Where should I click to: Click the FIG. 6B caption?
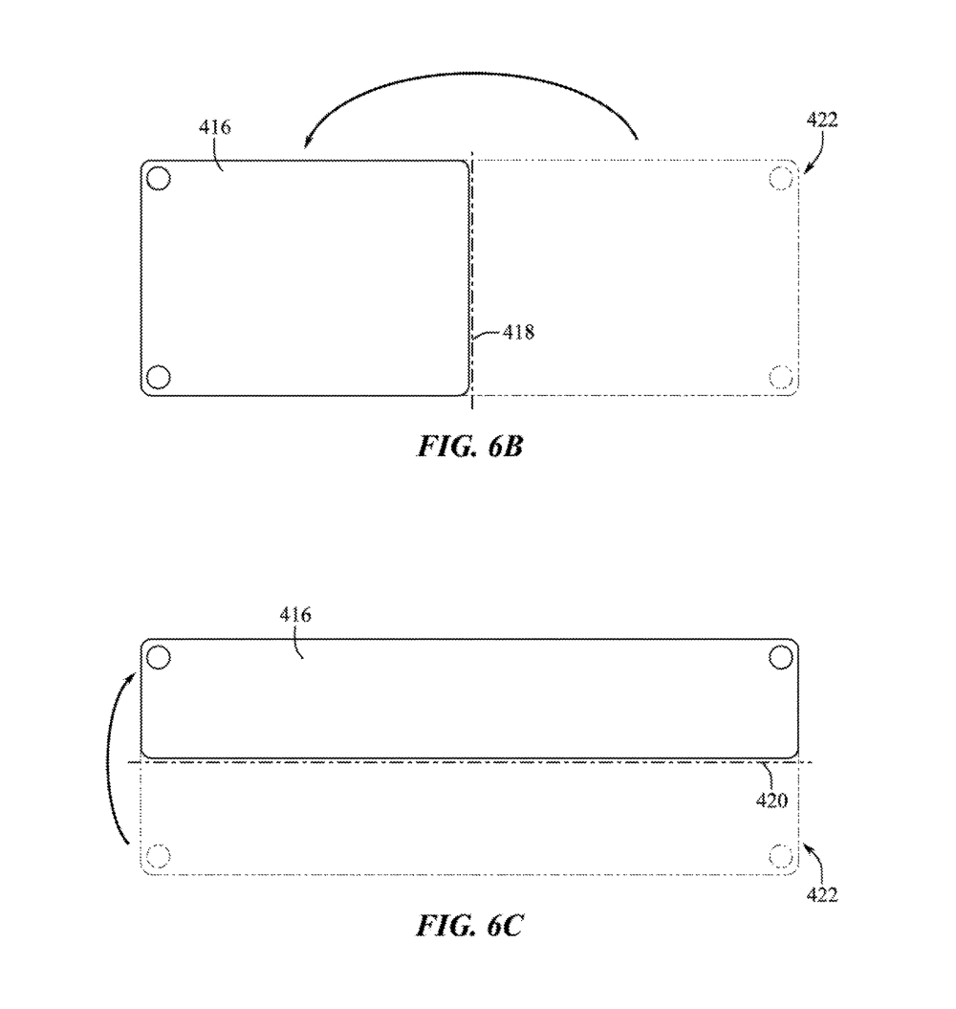click(470, 446)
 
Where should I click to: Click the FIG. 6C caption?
click(469, 926)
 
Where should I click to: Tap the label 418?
click(518, 332)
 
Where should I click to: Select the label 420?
click(771, 801)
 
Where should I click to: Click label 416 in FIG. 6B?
click(214, 127)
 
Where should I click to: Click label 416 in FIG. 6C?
click(295, 615)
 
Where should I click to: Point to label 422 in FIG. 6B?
click(821, 120)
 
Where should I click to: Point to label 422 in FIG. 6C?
click(821, 894)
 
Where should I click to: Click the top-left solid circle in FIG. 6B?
click(159, 178)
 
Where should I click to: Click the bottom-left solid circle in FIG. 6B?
click(159, 377)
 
